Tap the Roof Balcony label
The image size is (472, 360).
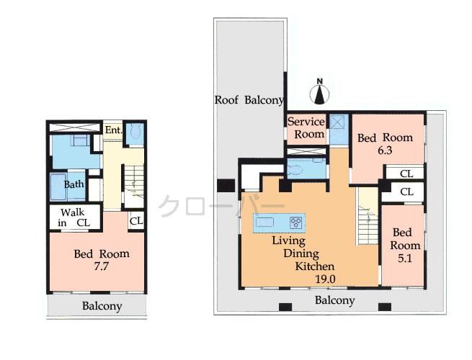coord(249,100)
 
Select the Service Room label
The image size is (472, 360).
coord(306,128)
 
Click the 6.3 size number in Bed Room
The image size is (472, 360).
coord(386,152)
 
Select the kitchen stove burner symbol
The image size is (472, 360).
coord(295,222)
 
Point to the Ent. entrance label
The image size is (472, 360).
coord(112,130)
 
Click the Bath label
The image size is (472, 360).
coord(74,184)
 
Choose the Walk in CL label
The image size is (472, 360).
coord(74,217)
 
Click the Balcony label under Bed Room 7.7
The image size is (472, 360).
coord(102,306)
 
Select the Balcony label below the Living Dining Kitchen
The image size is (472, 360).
coord(335,300)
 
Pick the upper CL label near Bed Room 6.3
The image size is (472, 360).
coord(406,173)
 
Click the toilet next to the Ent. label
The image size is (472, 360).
coord(134,135)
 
